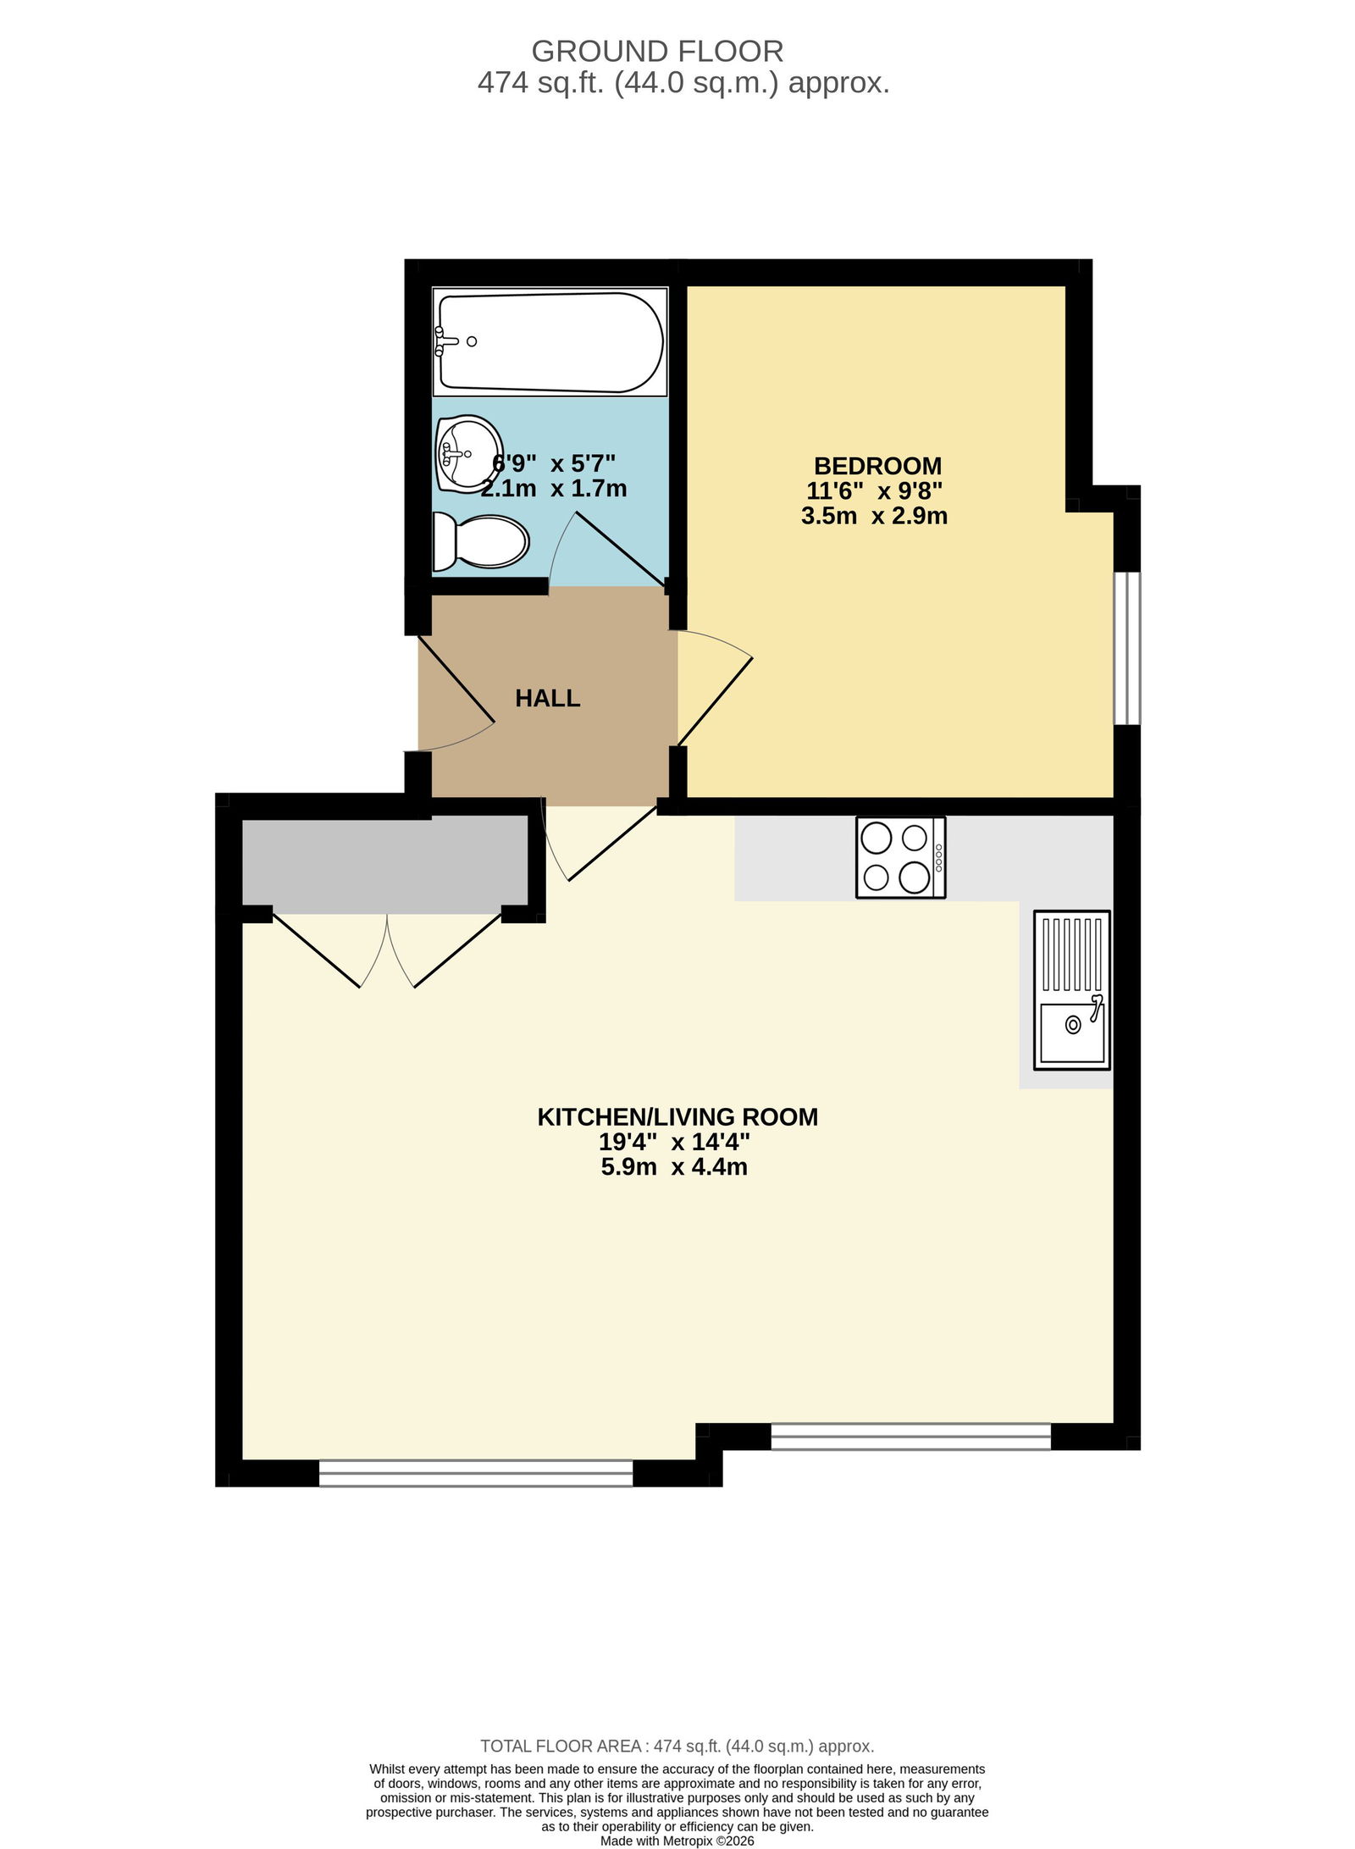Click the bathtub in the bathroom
(550, 341)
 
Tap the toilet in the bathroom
(481, 542)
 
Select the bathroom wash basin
(468, 454)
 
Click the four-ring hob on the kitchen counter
(900, 856)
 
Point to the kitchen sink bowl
(1072, 1032)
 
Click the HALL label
(548, 699)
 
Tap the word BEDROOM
(877, 466)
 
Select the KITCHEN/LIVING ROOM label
(677, 1117)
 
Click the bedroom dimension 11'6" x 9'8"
(875, 491)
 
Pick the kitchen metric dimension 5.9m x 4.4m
(674, 1167)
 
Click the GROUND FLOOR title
(657, 52)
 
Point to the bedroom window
(1127, 649)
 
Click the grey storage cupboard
(386, 864)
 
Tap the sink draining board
(1072, 955)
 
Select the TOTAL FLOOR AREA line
(677, 1746)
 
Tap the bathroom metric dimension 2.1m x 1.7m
(554, 489)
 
